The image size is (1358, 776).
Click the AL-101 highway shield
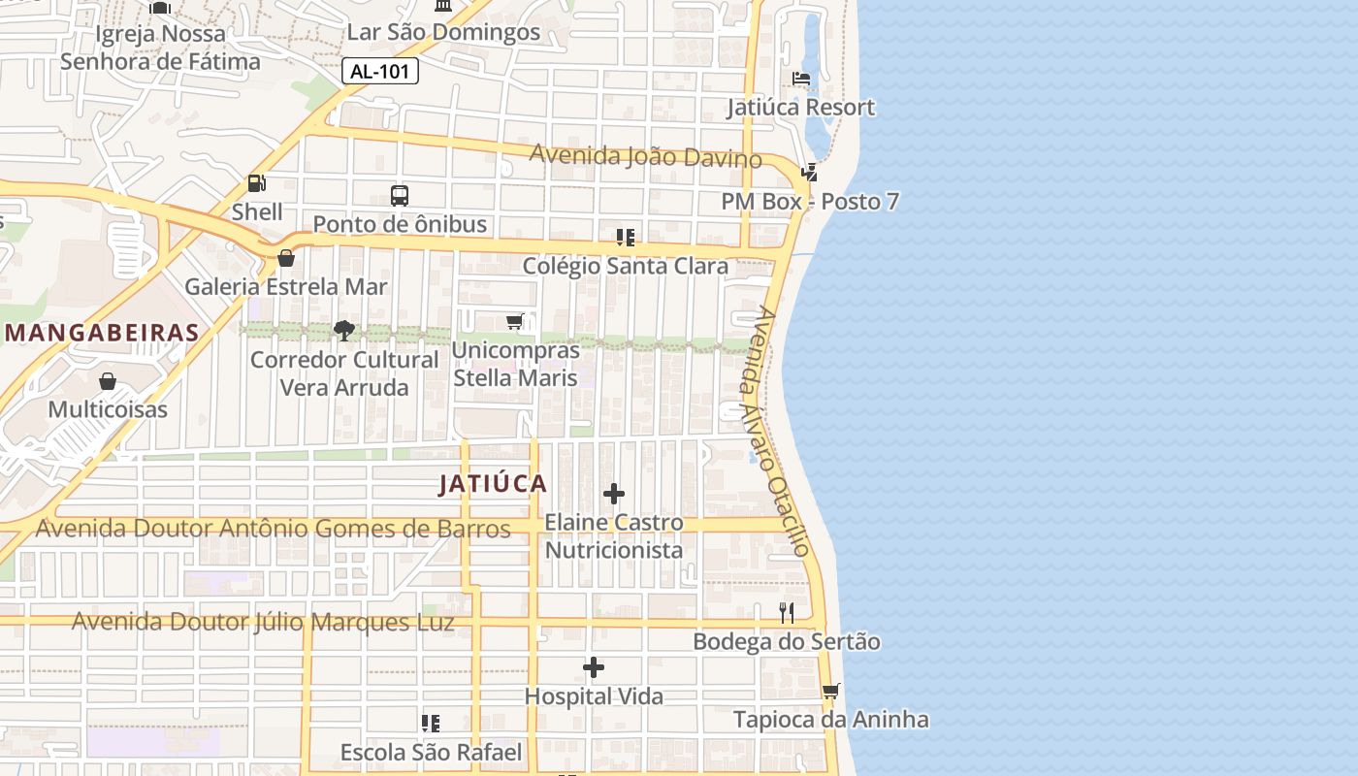pyautogui.click(x=380, y=71)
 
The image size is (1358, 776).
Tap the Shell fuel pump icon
pyautogui.click(x=257, y=182)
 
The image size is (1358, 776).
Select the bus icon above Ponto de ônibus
pyautogui.click(x=400, y=195)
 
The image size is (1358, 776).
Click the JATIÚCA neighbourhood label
pyautogui.click(x=493, y=483)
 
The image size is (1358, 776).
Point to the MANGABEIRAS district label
pyautogui.click(x=102, y=333)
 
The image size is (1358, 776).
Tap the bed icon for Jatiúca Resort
pyautogui.click(x=801, y=79)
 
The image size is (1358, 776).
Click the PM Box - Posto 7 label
pyautogui.click(x=810, y=202)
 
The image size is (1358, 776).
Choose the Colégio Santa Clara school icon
pyautogui.click(x=626, y=237)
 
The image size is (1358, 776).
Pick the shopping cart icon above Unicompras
pyautogui.click(x=515, y=321)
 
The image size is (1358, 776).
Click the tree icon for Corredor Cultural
pyautogui.click(x=343, y=331)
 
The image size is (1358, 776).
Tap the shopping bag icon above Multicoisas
pyautogui.click(x=108, y=381)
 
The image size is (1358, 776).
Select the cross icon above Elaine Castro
pyautogui.click(x=614, y=495)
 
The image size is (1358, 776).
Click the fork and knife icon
pyautogui.click(x=787, y=613)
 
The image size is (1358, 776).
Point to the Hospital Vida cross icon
pyautogui.click(x=594, y=667)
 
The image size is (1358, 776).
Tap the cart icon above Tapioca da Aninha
pyautogui.click(x=830, y=692)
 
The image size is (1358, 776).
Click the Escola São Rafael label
pyautogui.click(x=431, y=752)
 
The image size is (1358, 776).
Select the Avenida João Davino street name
pyautogui.click(x=645, y=155)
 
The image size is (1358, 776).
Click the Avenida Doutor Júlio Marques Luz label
pyautogui.click(x=263, y=622)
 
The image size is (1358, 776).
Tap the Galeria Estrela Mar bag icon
pyautogui.click(x=286, y=258)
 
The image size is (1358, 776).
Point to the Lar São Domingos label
pyautogui.click(x=443, y=32)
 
